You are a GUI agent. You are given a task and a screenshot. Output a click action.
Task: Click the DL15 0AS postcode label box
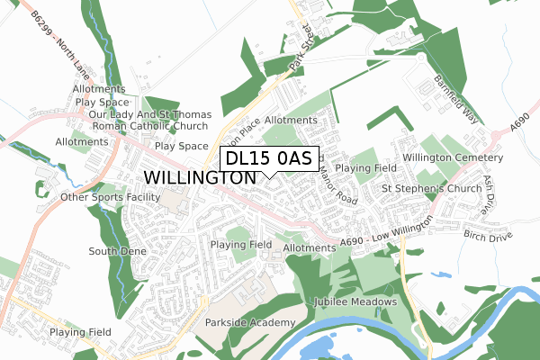(x=269, y=158)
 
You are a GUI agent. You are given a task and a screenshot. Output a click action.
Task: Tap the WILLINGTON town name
(x=200, y=178)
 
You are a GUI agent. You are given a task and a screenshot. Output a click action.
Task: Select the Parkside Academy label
(x=250, y=323)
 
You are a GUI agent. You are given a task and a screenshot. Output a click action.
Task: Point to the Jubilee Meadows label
(x=355, y=301)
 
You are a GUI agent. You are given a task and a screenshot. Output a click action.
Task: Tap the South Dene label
(x=117, y=251)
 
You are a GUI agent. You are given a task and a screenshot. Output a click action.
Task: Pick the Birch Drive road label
(x=487, y=235)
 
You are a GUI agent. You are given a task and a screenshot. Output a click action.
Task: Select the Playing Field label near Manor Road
(x=366, y=168)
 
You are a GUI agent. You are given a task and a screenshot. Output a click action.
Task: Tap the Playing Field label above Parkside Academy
(x=241, y=245)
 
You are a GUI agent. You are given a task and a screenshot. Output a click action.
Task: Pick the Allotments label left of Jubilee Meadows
(x=309, y=247)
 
